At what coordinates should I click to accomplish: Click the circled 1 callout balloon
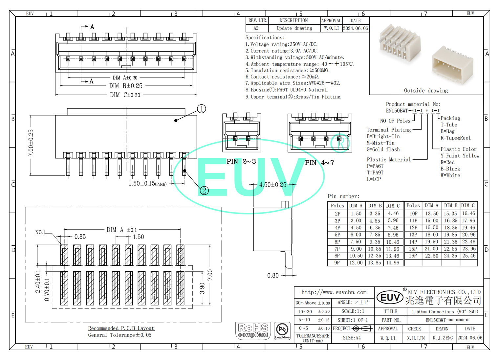(201, 109)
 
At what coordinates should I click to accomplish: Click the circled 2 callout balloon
(204, 191)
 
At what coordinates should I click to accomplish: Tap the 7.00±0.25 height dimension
(31, 143)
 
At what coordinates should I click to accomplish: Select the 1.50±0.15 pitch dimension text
(147, 184)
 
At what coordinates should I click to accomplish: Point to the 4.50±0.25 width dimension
(272, 185)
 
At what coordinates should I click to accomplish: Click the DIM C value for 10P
(468, 214)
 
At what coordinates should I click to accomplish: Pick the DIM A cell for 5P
(356, 235)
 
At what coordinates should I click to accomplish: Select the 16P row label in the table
(413, 256)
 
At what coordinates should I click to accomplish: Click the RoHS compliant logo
(253, 330)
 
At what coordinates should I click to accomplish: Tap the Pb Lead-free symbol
(282, 330)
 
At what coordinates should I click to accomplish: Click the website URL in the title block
(334, 292)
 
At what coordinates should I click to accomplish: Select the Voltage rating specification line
(281, 44)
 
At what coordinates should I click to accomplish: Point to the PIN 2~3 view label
(241, 161)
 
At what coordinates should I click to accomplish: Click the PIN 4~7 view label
(319, 163)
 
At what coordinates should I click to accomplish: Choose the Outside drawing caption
(426, 91)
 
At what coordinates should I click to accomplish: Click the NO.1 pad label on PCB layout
(40, 233)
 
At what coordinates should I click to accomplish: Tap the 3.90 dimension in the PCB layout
(202, 288)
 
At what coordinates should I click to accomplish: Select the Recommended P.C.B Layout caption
(121, 328)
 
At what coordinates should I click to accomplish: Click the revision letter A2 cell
(256, 28)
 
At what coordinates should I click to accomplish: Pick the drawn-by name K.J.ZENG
(443, 338)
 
